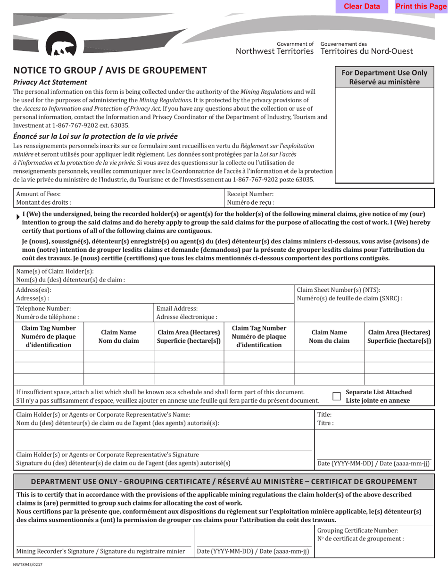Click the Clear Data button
tap(362, 7)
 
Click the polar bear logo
tap(60, 45)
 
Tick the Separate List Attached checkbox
tap(337, 396)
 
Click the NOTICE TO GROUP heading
tap(110, 71)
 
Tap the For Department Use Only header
tap(384, 77)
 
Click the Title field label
tap(325, 415)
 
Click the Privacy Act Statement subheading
tap(50, 82)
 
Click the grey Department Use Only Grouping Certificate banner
tap(224, 481)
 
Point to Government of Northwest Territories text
tap(274, 48)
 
